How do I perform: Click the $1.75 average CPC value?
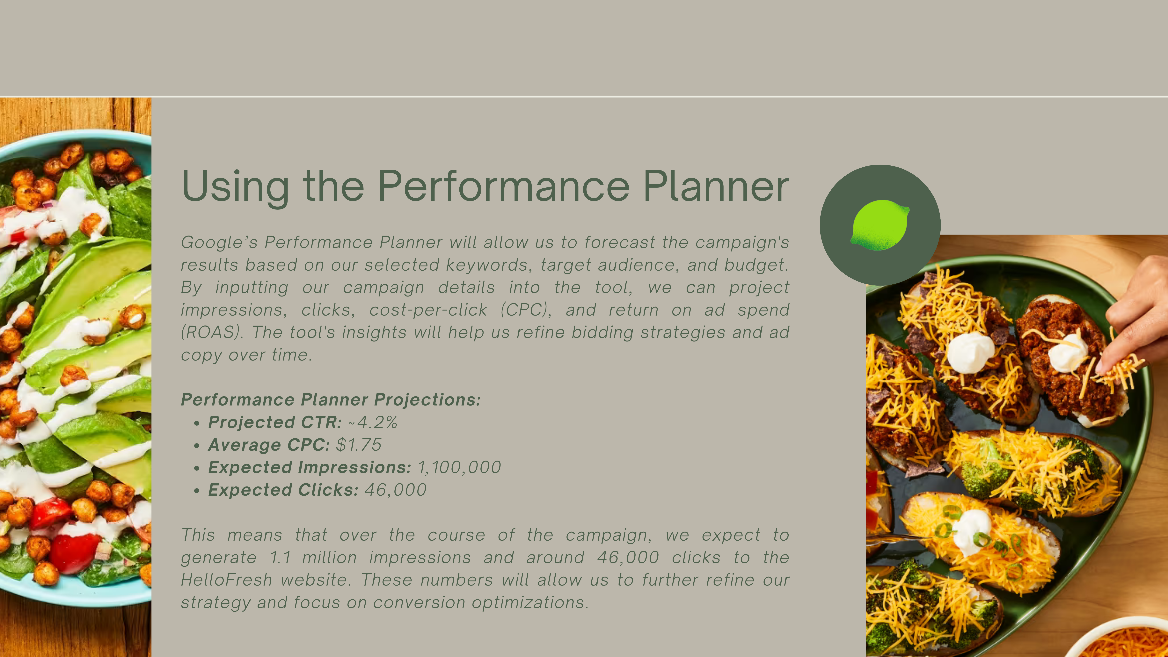pos(359,445)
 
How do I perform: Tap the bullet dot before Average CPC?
pos(196,446)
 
